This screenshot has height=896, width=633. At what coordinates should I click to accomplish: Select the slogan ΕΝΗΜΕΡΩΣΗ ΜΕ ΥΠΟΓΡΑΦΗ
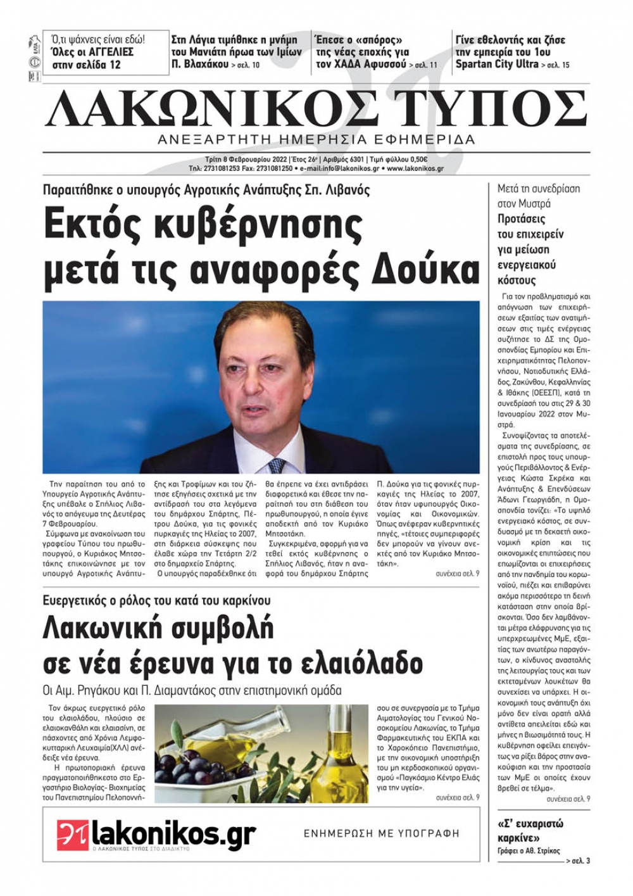pos(382,834)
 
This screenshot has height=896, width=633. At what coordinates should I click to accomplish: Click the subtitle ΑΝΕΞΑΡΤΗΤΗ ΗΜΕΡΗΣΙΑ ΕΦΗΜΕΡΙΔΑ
pos(316,139)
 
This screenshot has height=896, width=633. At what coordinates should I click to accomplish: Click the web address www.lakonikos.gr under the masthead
pos(415,169)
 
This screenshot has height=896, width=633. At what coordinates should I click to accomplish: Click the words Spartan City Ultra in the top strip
pos(497,64)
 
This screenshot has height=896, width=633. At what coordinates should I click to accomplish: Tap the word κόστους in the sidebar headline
pos(517,280)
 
